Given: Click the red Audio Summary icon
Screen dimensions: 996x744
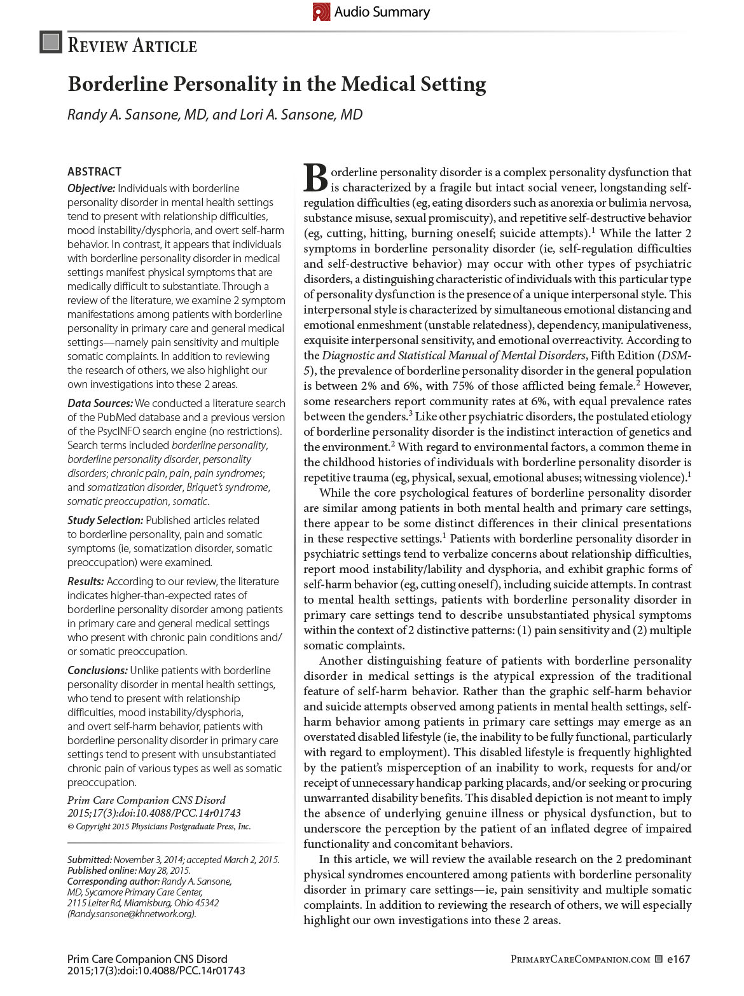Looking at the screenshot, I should [321, 11].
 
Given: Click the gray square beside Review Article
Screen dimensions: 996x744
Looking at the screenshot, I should [51, 43].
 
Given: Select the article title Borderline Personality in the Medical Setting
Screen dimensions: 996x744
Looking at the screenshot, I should [277, 84].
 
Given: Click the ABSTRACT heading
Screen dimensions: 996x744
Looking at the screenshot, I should [94, 172].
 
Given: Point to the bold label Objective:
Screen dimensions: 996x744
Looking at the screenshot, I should [92, 188].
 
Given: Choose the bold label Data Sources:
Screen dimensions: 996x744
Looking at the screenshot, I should [100, 403].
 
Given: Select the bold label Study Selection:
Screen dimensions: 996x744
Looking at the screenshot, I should [105, 520].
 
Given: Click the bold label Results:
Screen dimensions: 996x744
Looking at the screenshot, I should [86, 581].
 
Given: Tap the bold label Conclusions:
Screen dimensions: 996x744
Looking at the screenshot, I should [98, 670].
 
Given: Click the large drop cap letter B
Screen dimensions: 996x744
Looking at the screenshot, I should [315, 178].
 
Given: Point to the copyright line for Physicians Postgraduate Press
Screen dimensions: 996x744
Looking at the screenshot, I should [159, 827].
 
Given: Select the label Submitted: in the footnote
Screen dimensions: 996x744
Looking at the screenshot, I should [90, 860].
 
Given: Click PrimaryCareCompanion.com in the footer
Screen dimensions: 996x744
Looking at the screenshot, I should [580, 959].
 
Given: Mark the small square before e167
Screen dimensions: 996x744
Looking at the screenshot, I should [659, 959].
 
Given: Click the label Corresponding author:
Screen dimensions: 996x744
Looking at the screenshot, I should [113, 882].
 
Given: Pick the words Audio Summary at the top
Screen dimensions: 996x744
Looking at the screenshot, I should [382, 12].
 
